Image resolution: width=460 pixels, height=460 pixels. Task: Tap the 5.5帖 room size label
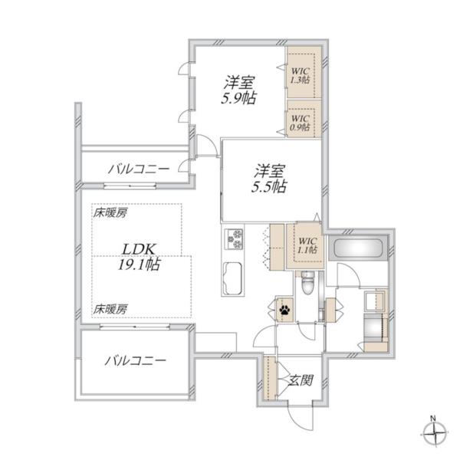[271, 186]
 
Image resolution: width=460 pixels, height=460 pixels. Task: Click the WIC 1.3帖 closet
[300, 73]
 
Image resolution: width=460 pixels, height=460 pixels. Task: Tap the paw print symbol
[284, 310]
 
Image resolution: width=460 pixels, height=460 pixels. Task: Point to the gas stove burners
[233, 238]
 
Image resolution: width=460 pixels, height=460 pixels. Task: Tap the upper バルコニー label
[138, 167]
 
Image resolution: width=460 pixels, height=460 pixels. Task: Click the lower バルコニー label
[136, 360]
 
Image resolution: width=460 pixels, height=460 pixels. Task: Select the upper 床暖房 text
[110, 213]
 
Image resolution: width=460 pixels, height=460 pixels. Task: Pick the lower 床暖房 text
[110, 308]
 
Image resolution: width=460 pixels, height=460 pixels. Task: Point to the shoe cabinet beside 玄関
[269, 380]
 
